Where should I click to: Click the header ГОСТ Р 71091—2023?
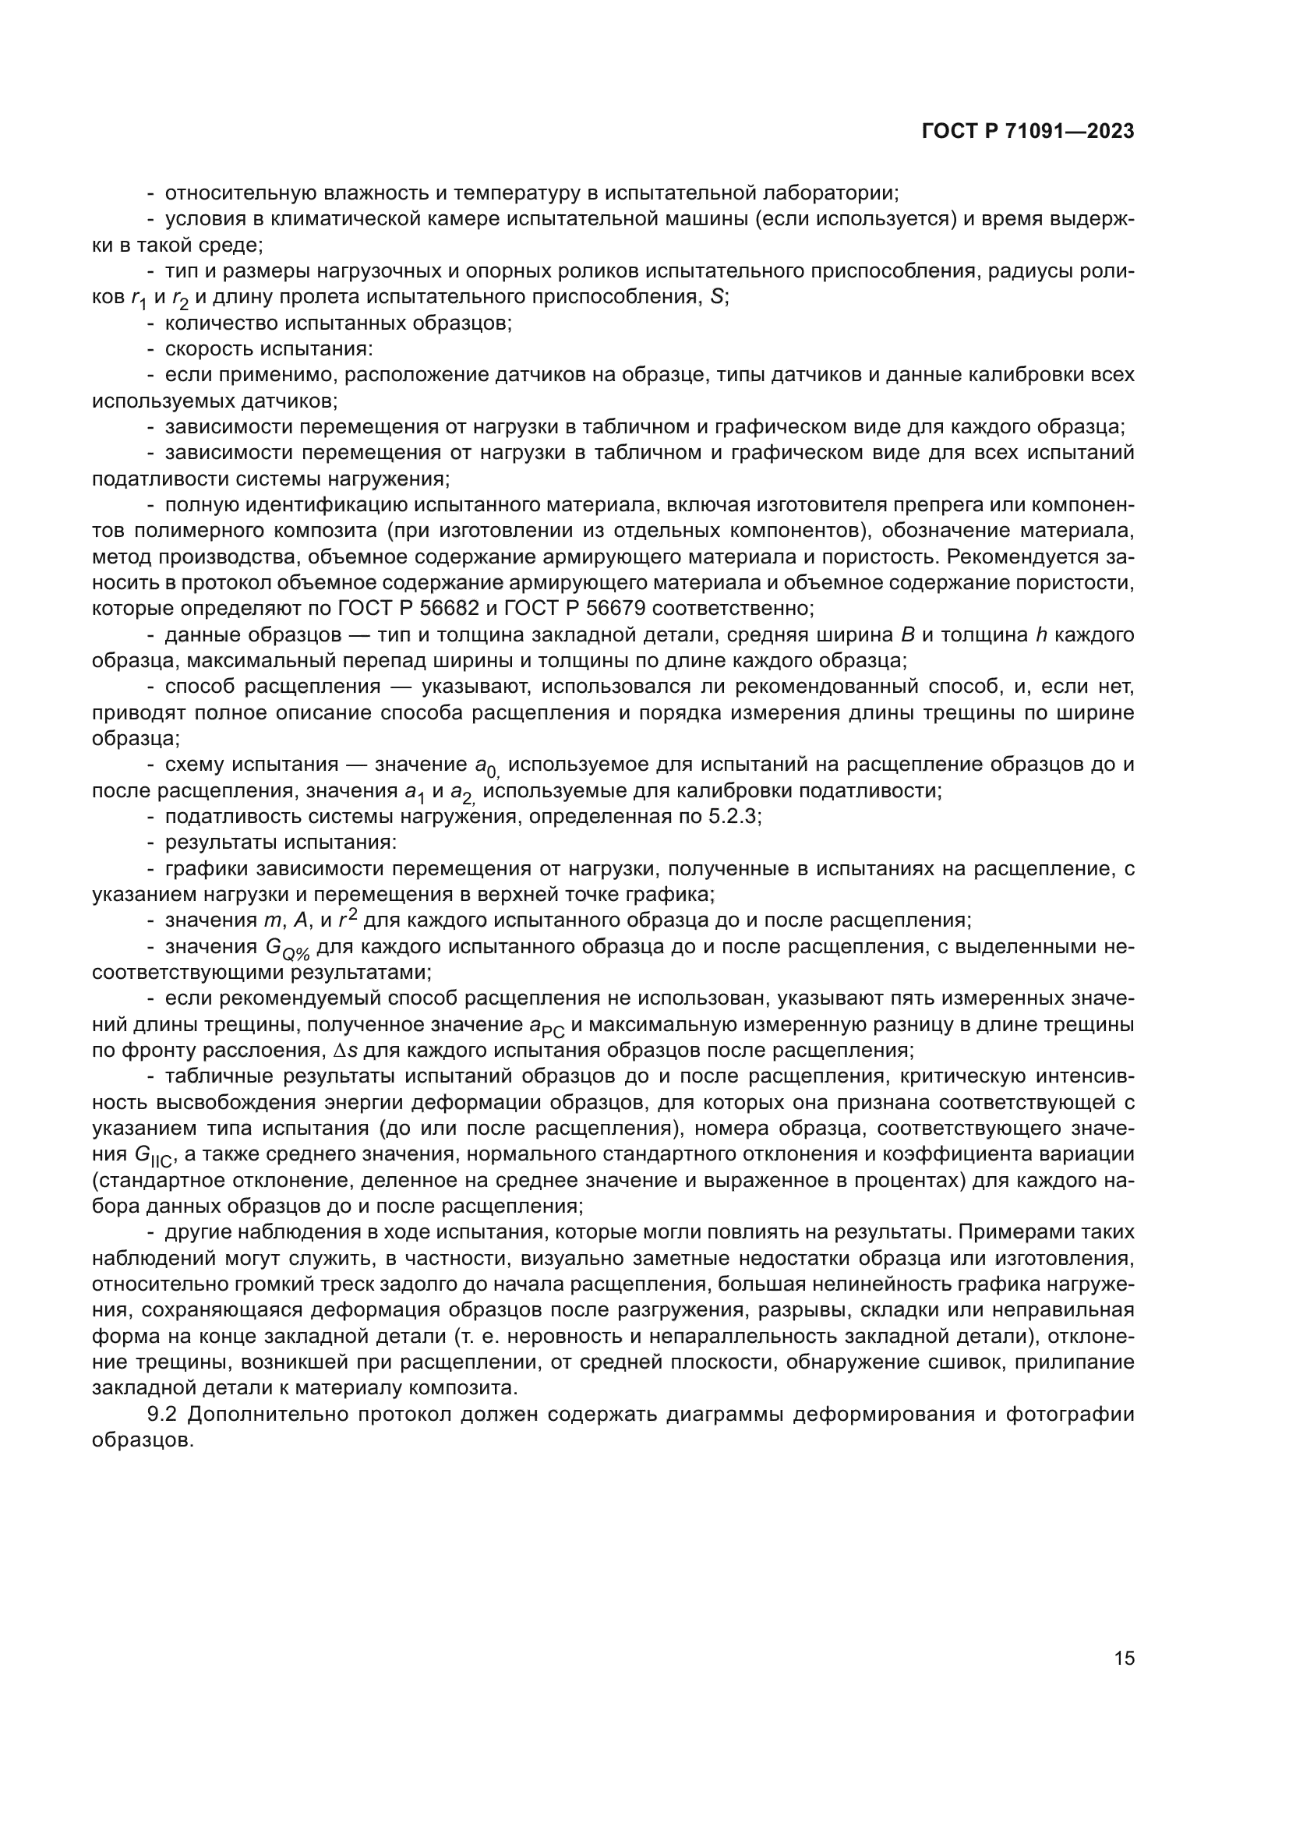(x=1028, y=132)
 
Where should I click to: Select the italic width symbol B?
(x=908, y=635)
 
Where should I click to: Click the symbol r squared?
(x=347, y=920)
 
